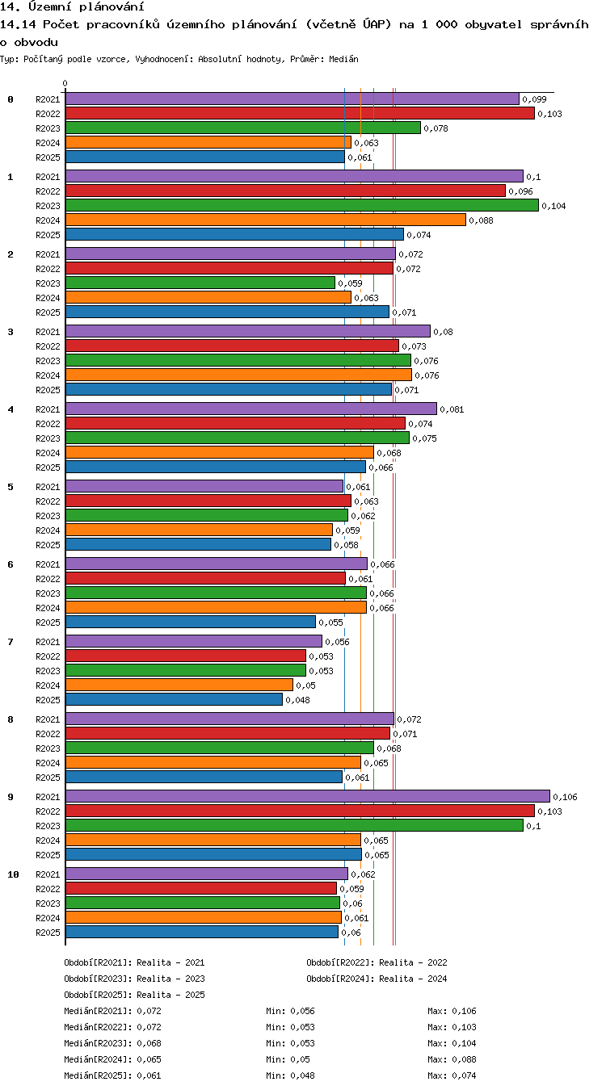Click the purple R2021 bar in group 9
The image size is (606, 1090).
(x=308, y=796)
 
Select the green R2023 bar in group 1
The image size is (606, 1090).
(x=302, y=205)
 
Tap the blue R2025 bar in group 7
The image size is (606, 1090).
(x=174, y=699)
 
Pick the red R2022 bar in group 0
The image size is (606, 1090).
(x=300, y=113)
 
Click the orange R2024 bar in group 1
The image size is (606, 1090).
(x=266, y=220)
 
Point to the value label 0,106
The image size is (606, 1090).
(x=565, y=797)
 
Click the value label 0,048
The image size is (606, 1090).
(x=297, y=700)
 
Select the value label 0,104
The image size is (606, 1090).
(x=553, y=207)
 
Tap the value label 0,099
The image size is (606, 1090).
(x=534, y=100)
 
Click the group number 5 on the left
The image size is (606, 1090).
(x=11, y=487)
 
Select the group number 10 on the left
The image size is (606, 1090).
(x=13, y=874)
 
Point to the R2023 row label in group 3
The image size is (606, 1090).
(x=48, y=361)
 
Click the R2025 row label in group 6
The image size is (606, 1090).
(x=48, y=623)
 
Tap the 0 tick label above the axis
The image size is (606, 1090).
(x=65, y=84)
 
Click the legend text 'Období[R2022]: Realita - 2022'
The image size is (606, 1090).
(x=377, y=962)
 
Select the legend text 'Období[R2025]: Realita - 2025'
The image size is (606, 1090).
(x=134, y=995)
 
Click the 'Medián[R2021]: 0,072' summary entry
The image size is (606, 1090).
(x=112, y=1011)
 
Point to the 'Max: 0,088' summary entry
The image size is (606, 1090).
(x=452, y=1059)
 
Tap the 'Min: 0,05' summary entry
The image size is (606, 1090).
(x=288, y=1059)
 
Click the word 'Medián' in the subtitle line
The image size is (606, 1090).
(x=343, y=60)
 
